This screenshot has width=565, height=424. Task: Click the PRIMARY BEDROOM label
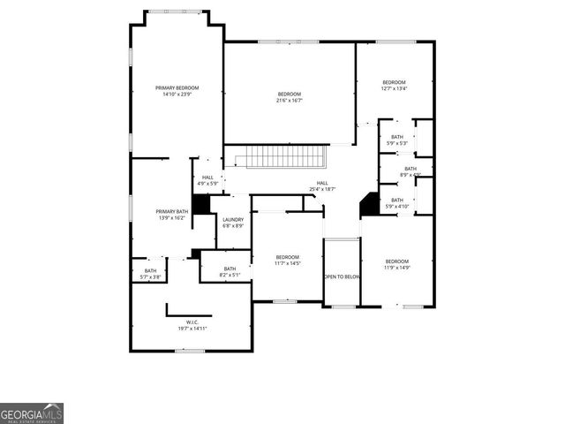177,91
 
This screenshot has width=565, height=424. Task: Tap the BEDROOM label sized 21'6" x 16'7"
290,97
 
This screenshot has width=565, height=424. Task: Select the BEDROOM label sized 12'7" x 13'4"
394,85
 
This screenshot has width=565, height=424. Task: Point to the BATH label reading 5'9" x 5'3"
397,140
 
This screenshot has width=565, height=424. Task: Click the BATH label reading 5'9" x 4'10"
397,203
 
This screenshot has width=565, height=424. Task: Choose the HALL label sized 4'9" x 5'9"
207,180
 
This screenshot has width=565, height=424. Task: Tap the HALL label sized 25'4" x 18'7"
322,185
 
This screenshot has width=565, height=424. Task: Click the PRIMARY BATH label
172,215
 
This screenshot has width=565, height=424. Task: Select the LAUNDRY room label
233,223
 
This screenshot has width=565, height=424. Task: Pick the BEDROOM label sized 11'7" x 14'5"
288,260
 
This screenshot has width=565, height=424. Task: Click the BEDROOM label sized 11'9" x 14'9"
397,264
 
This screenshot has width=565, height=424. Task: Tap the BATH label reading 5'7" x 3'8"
150,274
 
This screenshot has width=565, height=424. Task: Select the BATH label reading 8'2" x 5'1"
230,272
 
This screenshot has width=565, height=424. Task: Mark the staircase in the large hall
285,157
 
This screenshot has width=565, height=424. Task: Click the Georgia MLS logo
32,413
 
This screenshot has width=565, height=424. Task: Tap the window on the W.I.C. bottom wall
189,351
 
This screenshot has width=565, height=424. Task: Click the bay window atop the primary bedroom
173,11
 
